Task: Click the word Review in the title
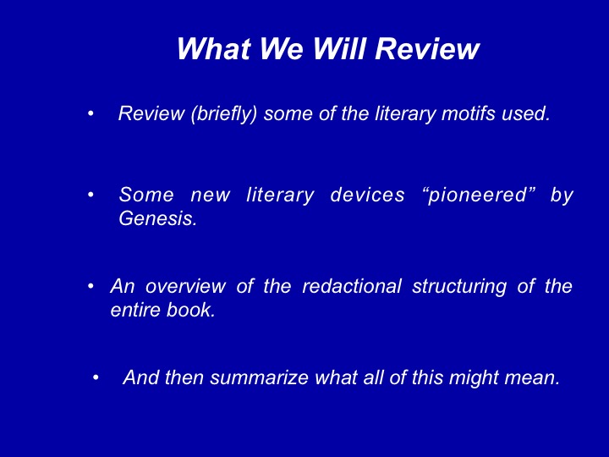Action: [427, 49]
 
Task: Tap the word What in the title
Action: [214, 49]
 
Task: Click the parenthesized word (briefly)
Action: [223, 114]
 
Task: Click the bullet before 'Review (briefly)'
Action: [91, 114]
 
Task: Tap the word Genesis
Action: [157, 218]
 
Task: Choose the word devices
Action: [367, 195]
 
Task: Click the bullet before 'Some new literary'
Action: [91, 195]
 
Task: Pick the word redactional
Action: [352, 286]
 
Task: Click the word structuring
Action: [459, 287]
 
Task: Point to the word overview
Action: [185, 286]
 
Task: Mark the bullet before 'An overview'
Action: [91, 286]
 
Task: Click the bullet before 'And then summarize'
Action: [96, 377]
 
